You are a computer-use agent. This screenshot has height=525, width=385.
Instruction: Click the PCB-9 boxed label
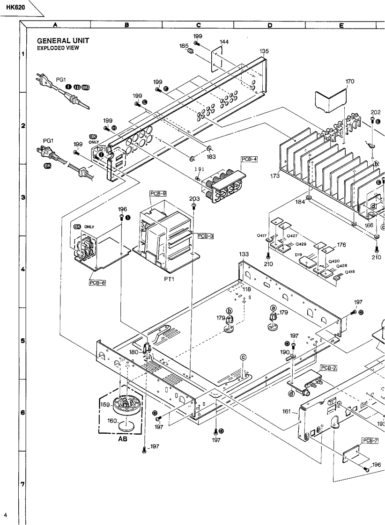(x=158, y=193)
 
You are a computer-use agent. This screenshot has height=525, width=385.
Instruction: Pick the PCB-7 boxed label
(x=370, y=440)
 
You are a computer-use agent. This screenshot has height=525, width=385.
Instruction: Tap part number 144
(x=224, y=42)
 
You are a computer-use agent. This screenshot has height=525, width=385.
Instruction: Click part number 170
(x=350, y=81)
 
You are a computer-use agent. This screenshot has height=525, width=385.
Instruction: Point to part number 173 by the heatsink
(x=275, y=176)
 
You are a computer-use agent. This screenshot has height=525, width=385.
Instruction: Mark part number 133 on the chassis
(x=244, y=254)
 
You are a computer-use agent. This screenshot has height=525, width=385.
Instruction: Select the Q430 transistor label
(x=334, y=262)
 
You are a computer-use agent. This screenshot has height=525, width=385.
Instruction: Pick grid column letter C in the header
(x=198, y=25)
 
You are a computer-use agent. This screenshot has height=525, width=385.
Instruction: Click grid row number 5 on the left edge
(x=22, y=341)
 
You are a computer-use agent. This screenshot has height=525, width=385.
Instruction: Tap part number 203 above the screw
(x=195, y=199)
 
